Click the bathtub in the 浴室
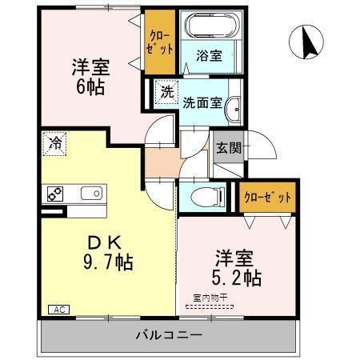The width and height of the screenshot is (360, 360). click(x=211, y=26)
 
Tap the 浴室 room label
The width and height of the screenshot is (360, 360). click(x=209, y=56)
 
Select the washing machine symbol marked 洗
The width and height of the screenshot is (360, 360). click(x=167, y=92)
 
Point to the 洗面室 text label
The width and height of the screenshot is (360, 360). click(x=202, y=102)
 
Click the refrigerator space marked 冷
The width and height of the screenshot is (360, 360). click(x=54, y=144)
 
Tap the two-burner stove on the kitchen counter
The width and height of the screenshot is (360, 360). click(x=55, y=194)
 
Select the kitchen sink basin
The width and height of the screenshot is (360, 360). click(x=91, y=193)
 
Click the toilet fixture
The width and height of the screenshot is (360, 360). click(x=208, y=197)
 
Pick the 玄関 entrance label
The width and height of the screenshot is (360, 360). click(x=229, y=148)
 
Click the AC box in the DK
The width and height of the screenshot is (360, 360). click(x=59, y=310)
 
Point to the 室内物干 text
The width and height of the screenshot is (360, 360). click(x=210, y=298)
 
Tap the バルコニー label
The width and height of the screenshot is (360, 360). click(x=169, y=334)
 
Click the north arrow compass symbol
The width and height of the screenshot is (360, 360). click(x=306, y=42)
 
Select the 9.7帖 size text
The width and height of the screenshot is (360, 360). click(x=108, y=262)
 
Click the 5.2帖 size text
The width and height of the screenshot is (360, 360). click(x=237, y=278)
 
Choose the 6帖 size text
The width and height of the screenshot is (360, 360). click(x=90, y=87)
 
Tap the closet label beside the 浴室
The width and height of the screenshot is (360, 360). click(x=160, y=42)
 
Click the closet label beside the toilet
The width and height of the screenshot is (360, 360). click(x=267, y=198)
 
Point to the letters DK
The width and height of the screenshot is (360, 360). click(x=105, y=242)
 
